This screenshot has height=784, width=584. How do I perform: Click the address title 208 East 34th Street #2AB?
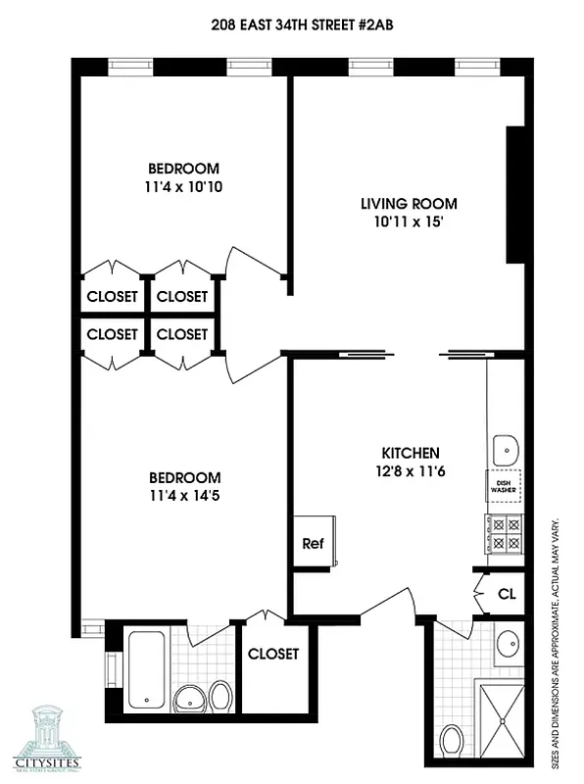tap(291, 27)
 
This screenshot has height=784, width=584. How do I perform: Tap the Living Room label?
tap(409, 204)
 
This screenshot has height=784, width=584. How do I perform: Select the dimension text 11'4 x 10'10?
tap(183, 186)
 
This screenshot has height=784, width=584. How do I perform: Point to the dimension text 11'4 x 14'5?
tap(183, 496)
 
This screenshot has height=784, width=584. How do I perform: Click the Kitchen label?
tap(410, 454)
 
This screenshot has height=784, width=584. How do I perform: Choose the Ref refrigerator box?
tap(313, 543)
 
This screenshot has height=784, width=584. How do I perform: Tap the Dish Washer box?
tap(505, 484)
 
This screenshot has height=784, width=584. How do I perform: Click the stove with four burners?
tap(505, 534)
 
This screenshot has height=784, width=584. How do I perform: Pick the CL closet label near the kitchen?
tap(507, 594)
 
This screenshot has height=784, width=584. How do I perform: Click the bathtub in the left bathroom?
tap(147, 668)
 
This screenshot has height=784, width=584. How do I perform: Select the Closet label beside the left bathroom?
tap(273, 654)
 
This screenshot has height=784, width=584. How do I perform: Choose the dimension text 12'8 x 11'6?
tap(410, 471)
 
